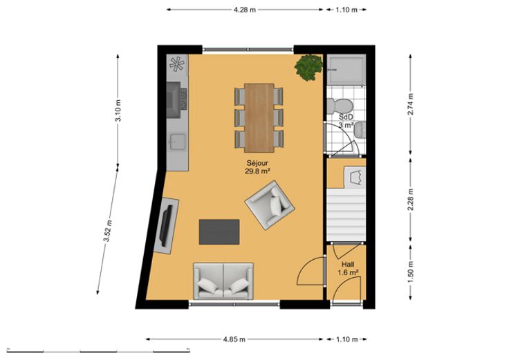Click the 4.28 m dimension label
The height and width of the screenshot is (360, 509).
(x=244, y=10)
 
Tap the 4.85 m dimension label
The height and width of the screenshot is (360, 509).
(x=234, y=339)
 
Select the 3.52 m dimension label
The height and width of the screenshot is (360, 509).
(x=107, y=231)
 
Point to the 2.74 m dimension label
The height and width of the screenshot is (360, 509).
(x=411, y=104)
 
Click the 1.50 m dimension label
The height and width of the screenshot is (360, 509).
(x=411, y=272)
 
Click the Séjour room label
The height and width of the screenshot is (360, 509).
(x=257, y=163)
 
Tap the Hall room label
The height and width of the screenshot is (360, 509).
(x=348, y=265)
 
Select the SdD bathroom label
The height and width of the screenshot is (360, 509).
(x=346, y=117)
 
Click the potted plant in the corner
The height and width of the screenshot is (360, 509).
(x=308, y=68)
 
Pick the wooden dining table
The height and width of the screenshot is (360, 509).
(x=259, y=118)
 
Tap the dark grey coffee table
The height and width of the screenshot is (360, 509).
(x=219, y=232)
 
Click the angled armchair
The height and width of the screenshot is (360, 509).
(x=270, y=205)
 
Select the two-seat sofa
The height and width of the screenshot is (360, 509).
(x=223, y=281)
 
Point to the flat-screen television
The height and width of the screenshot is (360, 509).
(x=167, y=226)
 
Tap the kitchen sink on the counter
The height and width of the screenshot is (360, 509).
(x=178, y=142)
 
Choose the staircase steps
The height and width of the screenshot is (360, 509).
(x=346, y=215)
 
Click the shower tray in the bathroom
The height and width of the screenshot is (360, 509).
(x=346, y=70)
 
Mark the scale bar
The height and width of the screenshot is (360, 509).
(x=98, y=351)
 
